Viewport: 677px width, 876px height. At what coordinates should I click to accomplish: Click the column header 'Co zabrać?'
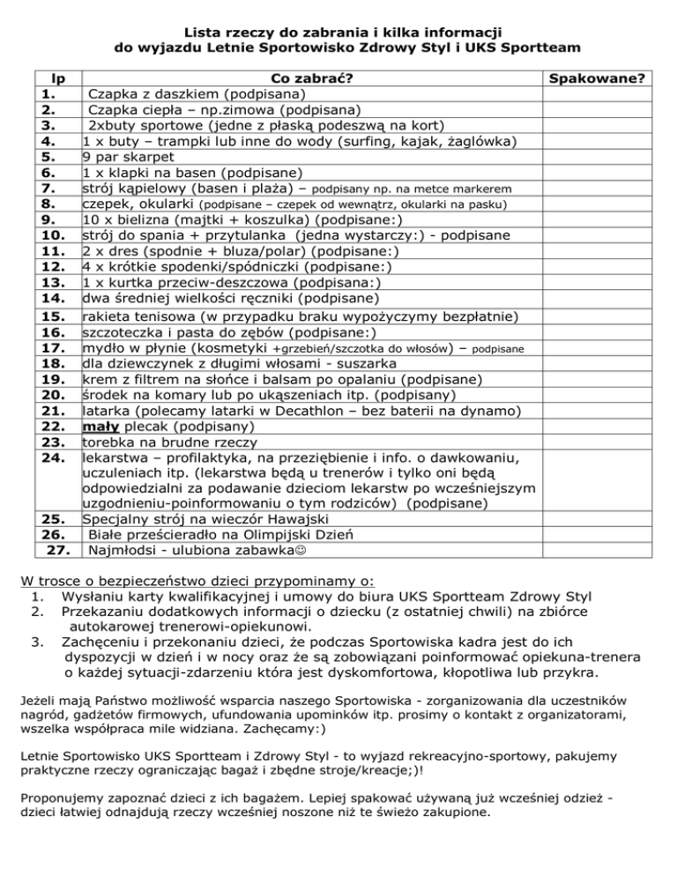coord(312,78)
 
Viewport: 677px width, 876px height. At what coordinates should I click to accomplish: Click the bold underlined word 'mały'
coord(100,427)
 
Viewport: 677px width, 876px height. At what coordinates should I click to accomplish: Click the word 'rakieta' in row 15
coord(108,316)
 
